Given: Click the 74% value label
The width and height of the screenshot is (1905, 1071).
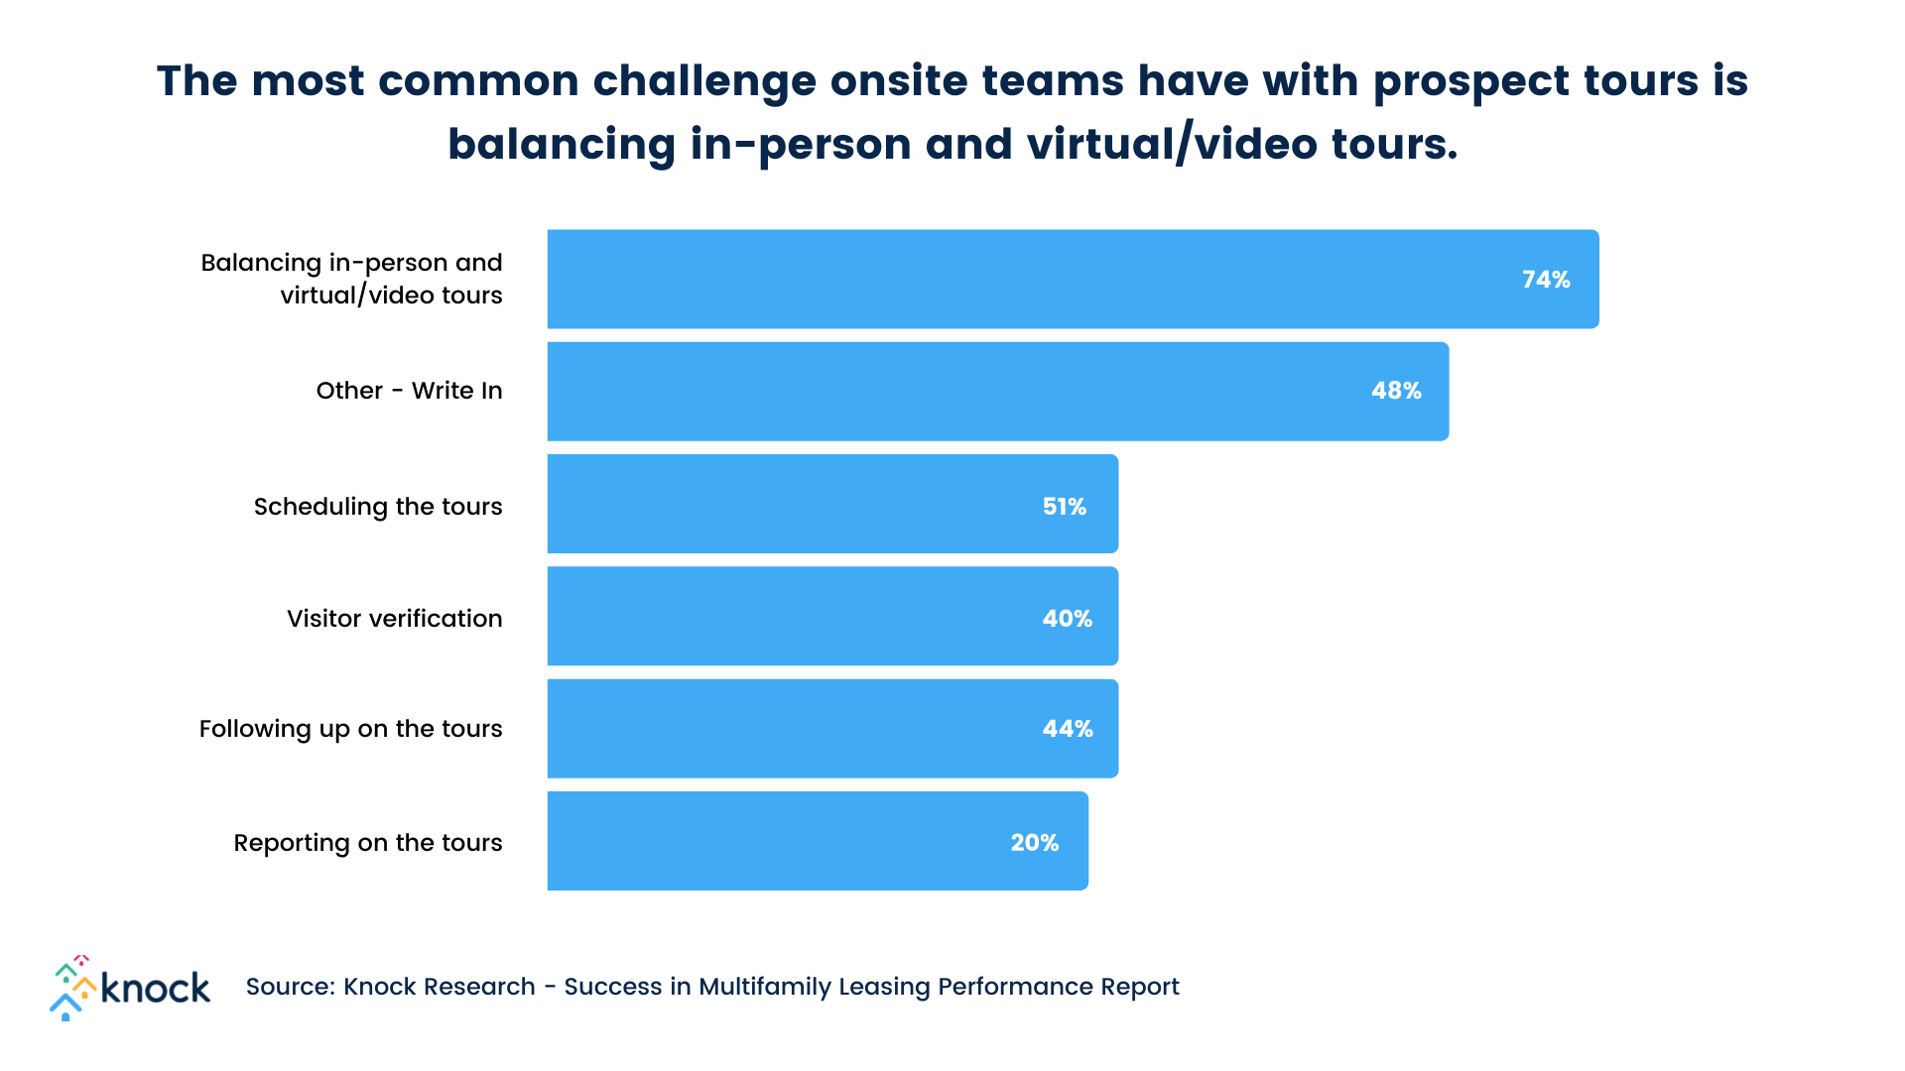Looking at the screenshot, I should pos(1546,280).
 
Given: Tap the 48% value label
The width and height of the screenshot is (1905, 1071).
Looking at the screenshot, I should pos(1396,391).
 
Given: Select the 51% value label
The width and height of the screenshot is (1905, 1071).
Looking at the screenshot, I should pos(1064,507).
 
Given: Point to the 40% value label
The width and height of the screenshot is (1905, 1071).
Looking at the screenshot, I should pos(1067,619).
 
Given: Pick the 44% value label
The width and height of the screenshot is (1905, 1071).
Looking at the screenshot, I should pos(1067,729).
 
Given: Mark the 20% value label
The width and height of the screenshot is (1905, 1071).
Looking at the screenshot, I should pos(1034,843).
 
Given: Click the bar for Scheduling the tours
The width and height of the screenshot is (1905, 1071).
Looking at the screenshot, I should pos(794,504).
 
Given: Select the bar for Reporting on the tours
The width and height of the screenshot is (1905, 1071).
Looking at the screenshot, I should pos(774,841).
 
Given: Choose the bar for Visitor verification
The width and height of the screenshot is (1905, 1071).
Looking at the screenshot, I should pos(794,616).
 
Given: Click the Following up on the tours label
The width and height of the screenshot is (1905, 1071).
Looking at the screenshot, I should pos(350,729).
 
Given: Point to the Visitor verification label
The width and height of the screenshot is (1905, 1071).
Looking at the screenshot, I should pos(394,619).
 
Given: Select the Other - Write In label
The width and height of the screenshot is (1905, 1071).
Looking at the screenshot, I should pos(409,391).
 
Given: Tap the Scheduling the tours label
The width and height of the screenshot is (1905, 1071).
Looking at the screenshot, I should pos(378,507).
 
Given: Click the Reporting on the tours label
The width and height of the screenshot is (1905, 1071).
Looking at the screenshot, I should pos(367,843).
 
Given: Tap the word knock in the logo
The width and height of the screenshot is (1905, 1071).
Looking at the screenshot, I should pos(156,988).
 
